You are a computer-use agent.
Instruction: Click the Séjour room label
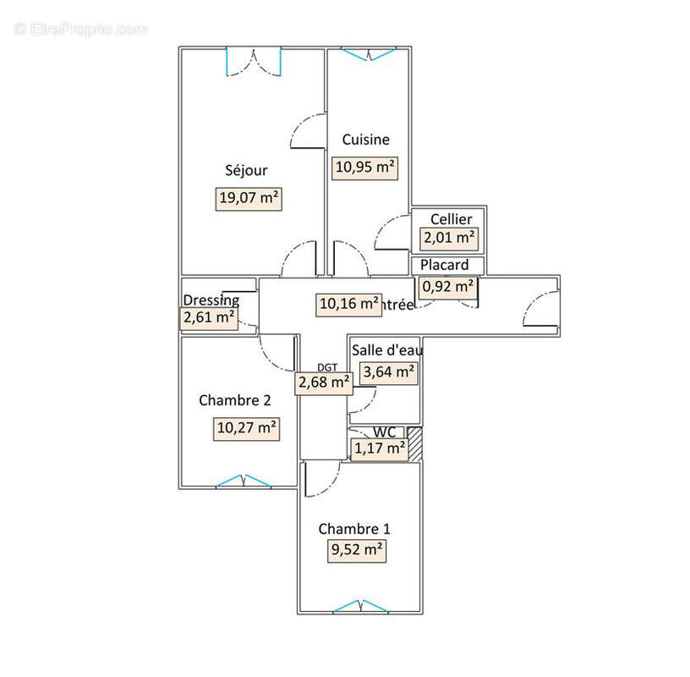coord(246,170)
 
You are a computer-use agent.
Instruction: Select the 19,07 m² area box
coord(249,199)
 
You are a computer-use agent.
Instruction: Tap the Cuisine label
coord(365,140)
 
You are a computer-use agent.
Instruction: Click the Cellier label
coord(451,219)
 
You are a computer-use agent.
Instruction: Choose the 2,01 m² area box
coord(449,238)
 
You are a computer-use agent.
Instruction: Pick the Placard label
coord(444,265)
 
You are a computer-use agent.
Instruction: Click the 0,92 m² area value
coord(447,286)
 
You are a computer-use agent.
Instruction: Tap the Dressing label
coord(211,300)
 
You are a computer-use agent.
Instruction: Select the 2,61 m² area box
coord(208,318)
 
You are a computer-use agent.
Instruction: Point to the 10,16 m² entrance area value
coord(348,303)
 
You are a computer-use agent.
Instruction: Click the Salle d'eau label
coord(387,350)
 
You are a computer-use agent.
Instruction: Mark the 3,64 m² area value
coord(388,371)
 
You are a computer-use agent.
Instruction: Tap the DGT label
coord(326,367)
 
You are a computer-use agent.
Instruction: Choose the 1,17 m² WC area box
coord(379,449)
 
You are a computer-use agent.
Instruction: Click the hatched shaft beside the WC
coord(414,445)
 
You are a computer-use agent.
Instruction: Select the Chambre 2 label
coord(234,399)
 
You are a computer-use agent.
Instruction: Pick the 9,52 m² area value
coord(357,550)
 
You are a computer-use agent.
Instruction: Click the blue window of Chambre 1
coord(361,606)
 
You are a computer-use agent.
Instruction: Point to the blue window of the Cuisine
coord(368,54)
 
